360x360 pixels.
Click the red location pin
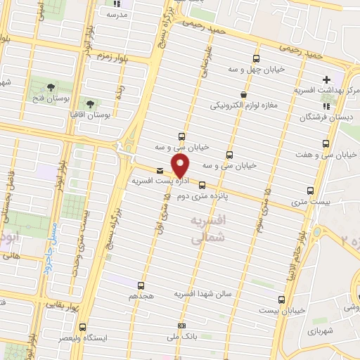[x=181, y=166]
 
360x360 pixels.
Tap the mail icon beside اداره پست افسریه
[x=160, y=171]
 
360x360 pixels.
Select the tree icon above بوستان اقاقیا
[x=89, y=103]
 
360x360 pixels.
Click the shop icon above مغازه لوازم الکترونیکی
[x=243, y=94]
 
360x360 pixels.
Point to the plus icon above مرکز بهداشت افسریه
[x=326, y=79]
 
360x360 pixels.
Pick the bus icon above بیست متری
[x=310, y=191]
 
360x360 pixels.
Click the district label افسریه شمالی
[x=209, y=229]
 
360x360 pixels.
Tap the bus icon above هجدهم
[x=141, y=285]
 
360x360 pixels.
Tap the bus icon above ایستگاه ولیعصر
[x=83, y=327]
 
